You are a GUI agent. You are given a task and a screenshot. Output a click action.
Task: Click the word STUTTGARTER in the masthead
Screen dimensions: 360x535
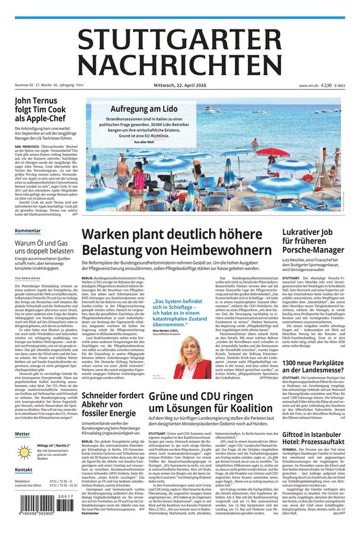180,38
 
